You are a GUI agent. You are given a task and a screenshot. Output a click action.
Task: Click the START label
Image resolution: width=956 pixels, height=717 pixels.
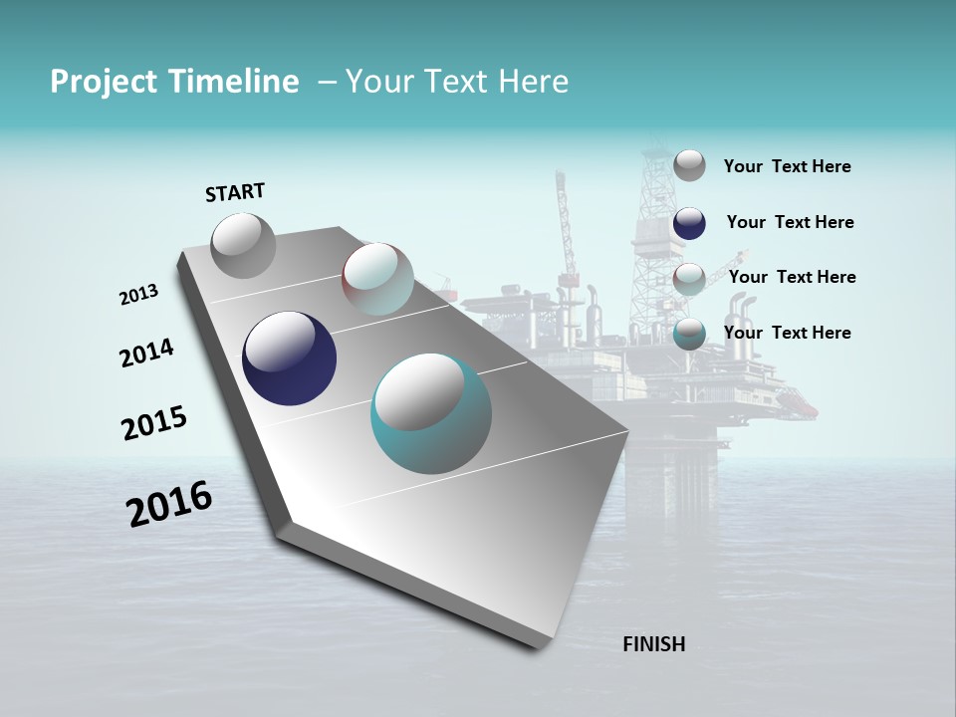tap(235, 192)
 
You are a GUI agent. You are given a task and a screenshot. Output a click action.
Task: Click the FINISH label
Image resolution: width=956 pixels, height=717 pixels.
tap(653, 644)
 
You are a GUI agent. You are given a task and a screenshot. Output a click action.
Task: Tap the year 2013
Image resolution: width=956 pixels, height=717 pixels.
tap(138, 295)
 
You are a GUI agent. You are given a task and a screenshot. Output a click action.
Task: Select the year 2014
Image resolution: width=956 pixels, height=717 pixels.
tap(146, 353)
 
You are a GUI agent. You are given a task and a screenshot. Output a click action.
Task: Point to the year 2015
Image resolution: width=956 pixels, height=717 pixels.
tap(153, 423)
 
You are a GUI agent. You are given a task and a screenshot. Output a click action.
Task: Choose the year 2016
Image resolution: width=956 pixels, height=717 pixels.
tap(169, 503)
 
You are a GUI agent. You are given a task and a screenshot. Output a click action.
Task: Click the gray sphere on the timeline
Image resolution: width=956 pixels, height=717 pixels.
tap(243, 246)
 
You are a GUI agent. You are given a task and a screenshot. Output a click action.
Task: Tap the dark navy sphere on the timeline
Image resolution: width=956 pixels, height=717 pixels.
tap(289, 358)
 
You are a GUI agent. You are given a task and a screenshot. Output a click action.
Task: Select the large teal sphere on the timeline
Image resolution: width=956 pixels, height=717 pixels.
tap(430, 413)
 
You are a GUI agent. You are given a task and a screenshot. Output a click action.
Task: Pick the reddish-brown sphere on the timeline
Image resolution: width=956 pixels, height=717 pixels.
tap(377, 279)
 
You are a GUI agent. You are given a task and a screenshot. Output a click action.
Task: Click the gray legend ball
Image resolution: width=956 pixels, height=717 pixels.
tap(689, 165)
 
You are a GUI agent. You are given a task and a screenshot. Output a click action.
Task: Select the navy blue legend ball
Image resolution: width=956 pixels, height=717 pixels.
tap(689, 223)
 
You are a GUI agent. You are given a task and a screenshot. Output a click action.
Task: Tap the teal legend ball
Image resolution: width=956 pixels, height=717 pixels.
tap(689, 334)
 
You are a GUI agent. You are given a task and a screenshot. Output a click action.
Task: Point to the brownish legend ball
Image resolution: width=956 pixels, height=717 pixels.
tap(689, 278)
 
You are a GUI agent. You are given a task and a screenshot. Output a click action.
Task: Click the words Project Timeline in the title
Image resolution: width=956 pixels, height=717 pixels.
tap(174, 82)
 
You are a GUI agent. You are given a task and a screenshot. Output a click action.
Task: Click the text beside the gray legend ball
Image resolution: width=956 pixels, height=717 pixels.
tap(787, 166)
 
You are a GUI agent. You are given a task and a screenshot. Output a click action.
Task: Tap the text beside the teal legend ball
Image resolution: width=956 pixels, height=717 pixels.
tap(787, 333)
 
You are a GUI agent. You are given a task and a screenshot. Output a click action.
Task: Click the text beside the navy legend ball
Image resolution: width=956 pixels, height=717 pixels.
tap(790, 222)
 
